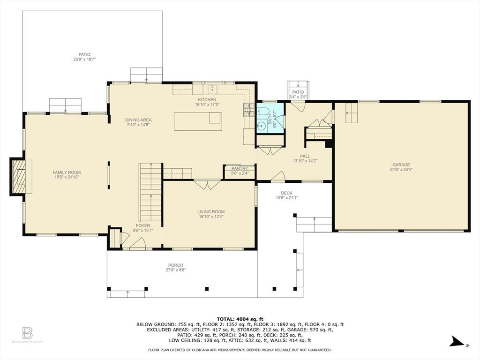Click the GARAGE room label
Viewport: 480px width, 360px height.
coord(401,165)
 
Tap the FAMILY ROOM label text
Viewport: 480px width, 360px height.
coord(67,172)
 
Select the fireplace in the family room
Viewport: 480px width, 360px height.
coord(19,176)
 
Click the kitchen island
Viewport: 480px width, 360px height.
coord(198,121)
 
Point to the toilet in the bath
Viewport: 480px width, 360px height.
coord(263,112)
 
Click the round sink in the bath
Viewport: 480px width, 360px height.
coord(261,126)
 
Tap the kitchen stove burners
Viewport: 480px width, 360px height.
coord(247,110)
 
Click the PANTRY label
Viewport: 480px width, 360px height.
coord(240,168)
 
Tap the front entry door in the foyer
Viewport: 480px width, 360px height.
coord(138,244)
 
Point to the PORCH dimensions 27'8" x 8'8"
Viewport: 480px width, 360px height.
coord(176,270)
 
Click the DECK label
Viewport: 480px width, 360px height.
coord(286,193)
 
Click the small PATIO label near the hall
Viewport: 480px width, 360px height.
coord(298,92)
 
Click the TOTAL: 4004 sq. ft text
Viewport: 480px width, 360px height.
coord(240,319)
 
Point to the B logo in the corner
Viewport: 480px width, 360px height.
coord(27,333)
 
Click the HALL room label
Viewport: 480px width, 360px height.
coord(305,156)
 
